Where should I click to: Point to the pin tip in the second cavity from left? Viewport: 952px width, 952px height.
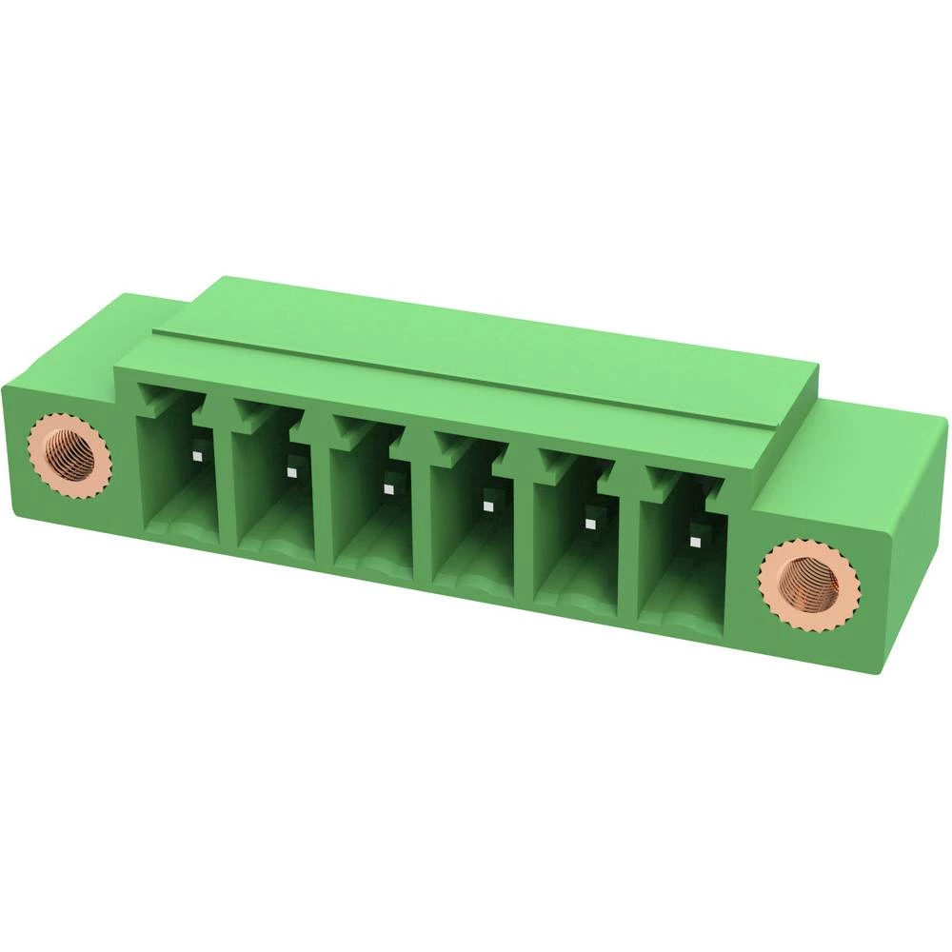pyautogui.click(x=289, y=471)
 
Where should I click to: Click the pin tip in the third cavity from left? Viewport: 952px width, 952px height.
pyautogui.click(x=387, y=488)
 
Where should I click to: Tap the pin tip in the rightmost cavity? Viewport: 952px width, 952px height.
pyautogui.click(x=694, y=541)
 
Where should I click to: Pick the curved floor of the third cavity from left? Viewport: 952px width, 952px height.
pyautogui.click(x=376, y=562)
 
